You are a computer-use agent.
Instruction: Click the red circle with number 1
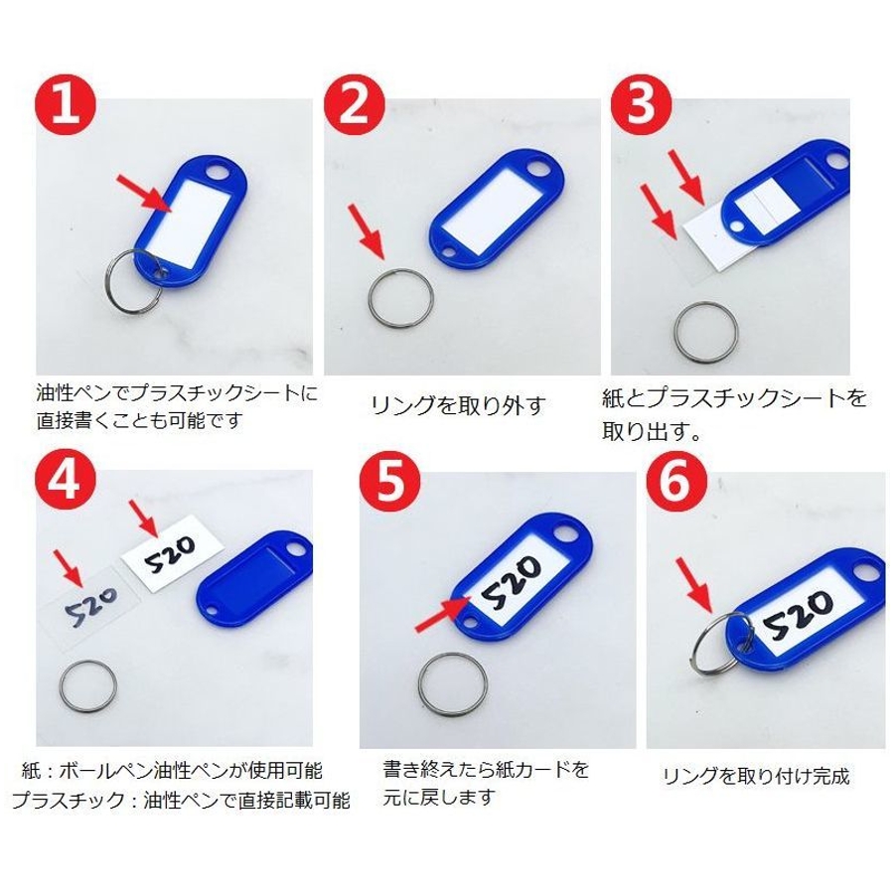67,106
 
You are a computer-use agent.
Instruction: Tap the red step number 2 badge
354,106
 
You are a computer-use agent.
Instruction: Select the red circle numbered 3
641,106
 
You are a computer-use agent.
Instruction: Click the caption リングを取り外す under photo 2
458,405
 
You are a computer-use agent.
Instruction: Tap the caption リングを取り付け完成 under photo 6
756,776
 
